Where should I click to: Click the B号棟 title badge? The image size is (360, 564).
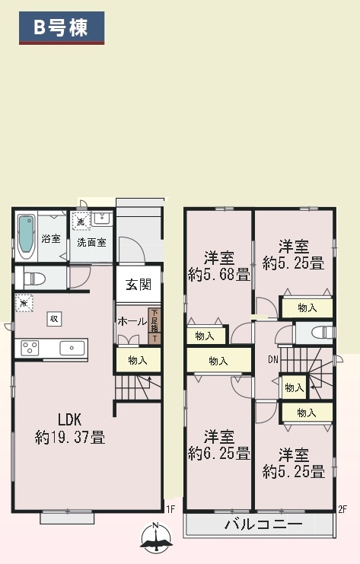[x=61, y=27]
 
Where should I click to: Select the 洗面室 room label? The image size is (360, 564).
[x=91, y=242]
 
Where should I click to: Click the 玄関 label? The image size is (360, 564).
[x=139, y=285]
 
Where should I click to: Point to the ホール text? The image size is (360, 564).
[x=132, y=322]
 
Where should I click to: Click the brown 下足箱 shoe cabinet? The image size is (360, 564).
[x=155, y=326]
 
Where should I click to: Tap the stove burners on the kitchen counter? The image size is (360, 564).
[x=30, y=349]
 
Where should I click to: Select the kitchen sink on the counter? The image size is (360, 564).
[x=73, y=349]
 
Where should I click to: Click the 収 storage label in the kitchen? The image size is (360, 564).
[x=54, y=318]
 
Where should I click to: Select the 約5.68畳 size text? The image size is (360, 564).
[x=219, y=275]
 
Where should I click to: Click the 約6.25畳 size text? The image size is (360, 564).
[x=219, y=454]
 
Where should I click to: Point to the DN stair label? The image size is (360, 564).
[x=273, y=358]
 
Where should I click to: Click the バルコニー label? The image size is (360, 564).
[x=263, y=524]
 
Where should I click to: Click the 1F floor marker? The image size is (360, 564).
[x=170, y=509]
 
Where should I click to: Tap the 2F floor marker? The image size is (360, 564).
[x=342, y=509]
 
